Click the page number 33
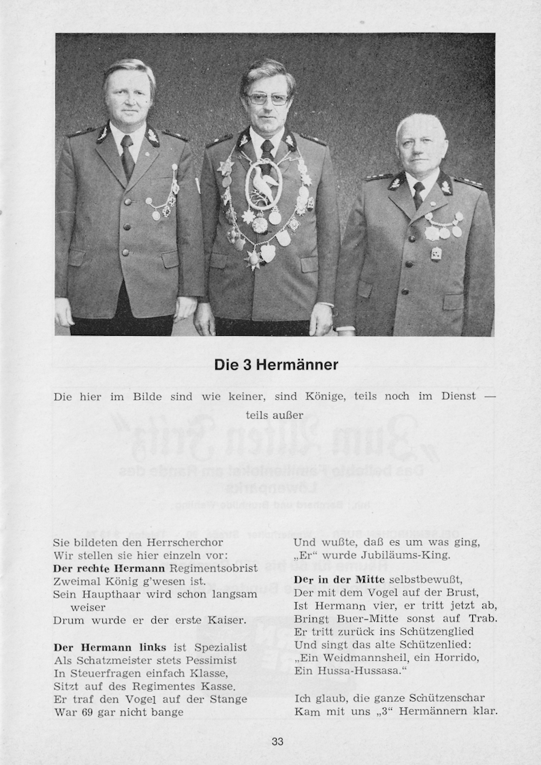[277, 742]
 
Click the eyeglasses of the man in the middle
[268, 99]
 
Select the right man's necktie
[418, 194]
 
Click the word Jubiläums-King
[407, 555]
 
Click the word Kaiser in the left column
[225, 620]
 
